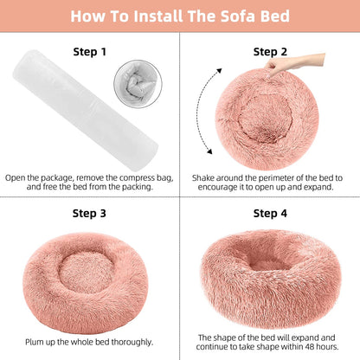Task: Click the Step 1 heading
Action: pos(89,51)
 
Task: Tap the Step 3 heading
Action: pos(89,212)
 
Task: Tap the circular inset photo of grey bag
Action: pos(138,87)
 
